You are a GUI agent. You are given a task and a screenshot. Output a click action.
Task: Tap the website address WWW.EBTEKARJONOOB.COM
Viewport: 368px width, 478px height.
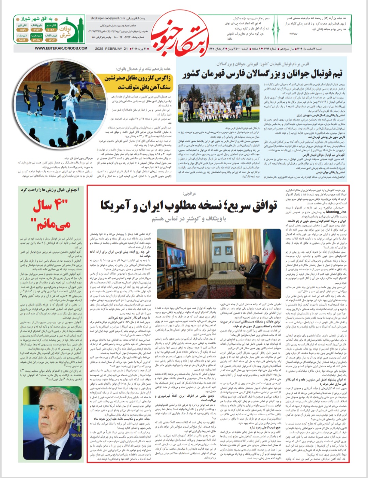(61, 48)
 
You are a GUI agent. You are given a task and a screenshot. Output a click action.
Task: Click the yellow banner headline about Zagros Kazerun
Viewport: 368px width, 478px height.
(138, 82)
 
